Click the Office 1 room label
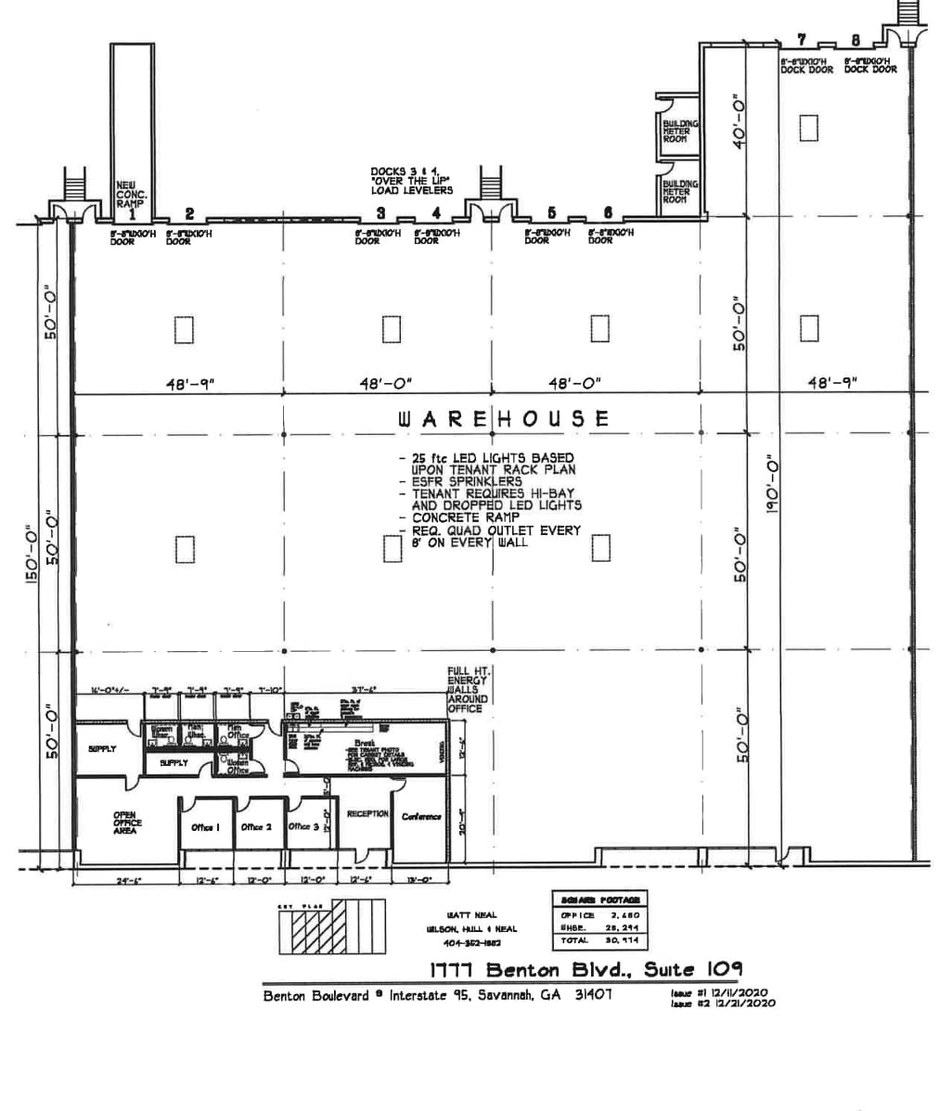(204, 827)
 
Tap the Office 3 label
(303, 826)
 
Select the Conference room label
(421, 817)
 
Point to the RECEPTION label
(367, 814)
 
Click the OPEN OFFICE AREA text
(124, 824)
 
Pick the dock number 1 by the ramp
(133, 213)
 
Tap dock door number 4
(436, 213)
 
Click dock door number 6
(608, 213)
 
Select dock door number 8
(855, 40)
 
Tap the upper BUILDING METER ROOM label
(680, 131)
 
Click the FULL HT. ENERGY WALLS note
(468, 689)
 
